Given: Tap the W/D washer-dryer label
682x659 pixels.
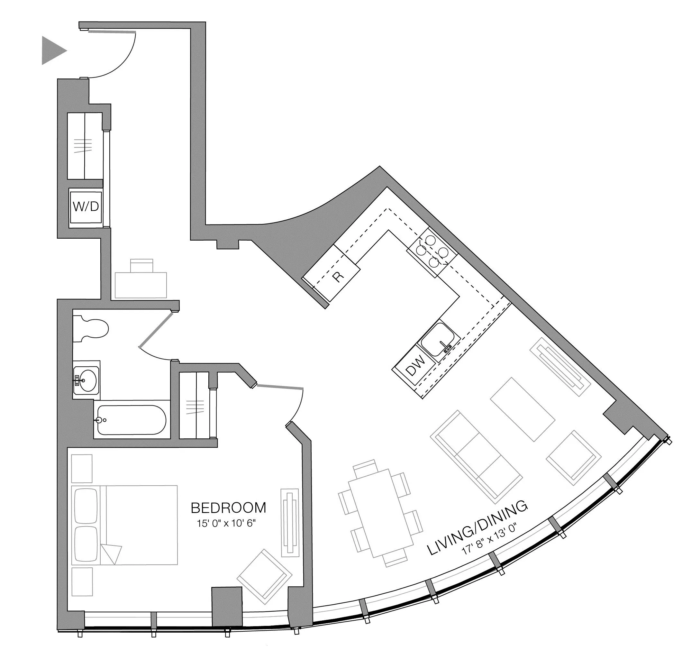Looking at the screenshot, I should click(86, 207).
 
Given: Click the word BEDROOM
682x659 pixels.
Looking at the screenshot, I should click(228, 508).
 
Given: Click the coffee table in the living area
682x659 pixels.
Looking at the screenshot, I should click(522, 409).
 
